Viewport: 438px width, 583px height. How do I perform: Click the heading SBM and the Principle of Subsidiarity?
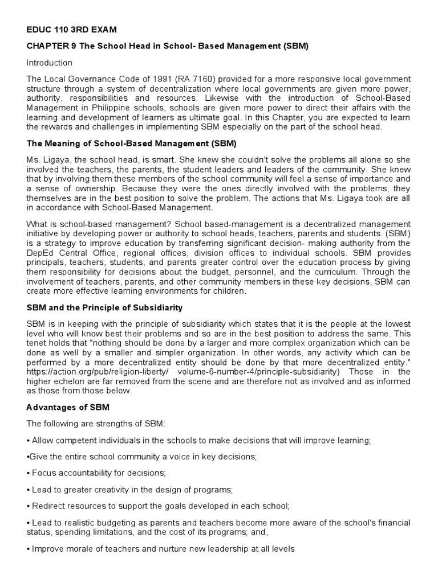(104, 307)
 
